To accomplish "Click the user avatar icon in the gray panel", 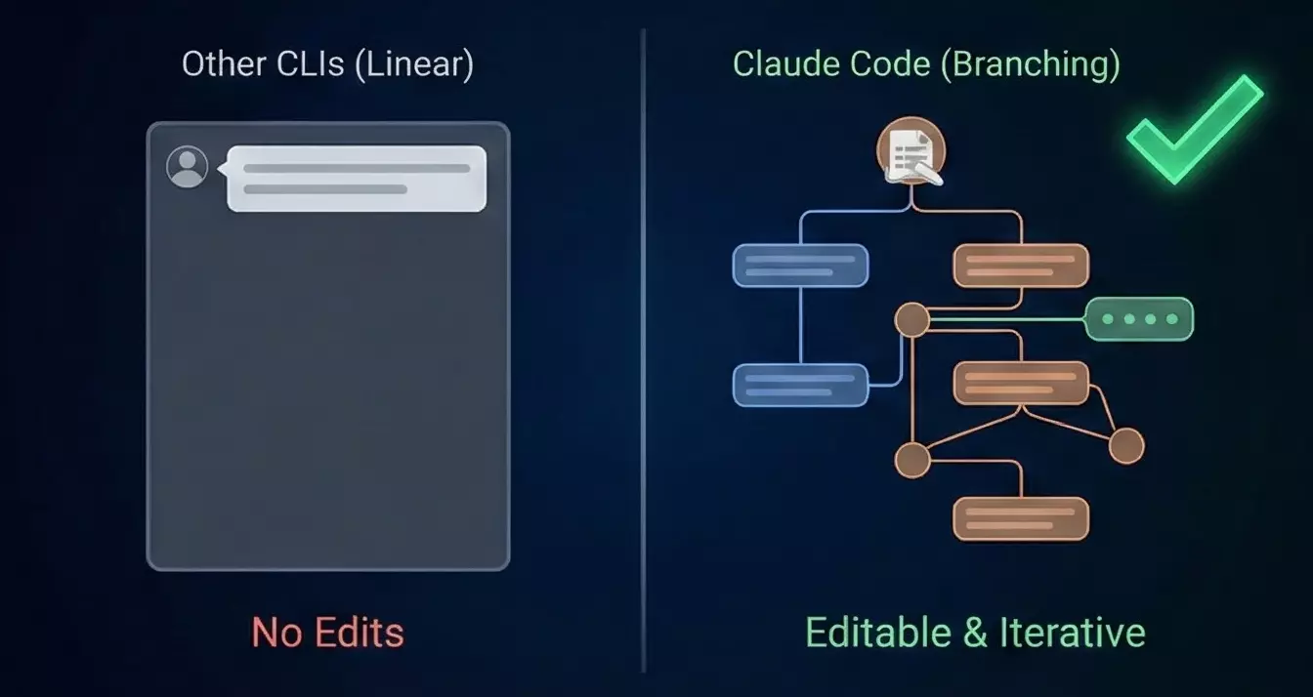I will (188, 167).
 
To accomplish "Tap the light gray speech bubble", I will (357, 179).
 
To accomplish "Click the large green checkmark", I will (1194, 128).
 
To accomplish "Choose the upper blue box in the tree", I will (800, 266).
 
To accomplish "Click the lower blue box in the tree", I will (800, 385).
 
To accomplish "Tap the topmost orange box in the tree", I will (1021, 266).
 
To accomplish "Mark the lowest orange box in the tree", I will (1021, 518).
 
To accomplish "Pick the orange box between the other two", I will (1021, 383).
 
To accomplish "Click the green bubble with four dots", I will (1139, 319).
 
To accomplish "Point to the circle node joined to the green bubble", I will (912, 319).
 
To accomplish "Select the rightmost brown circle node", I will (1126, 446).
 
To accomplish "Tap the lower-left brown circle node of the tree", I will (912, 459).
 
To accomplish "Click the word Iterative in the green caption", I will (1073, 633).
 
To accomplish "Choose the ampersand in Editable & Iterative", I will (975, 633).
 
